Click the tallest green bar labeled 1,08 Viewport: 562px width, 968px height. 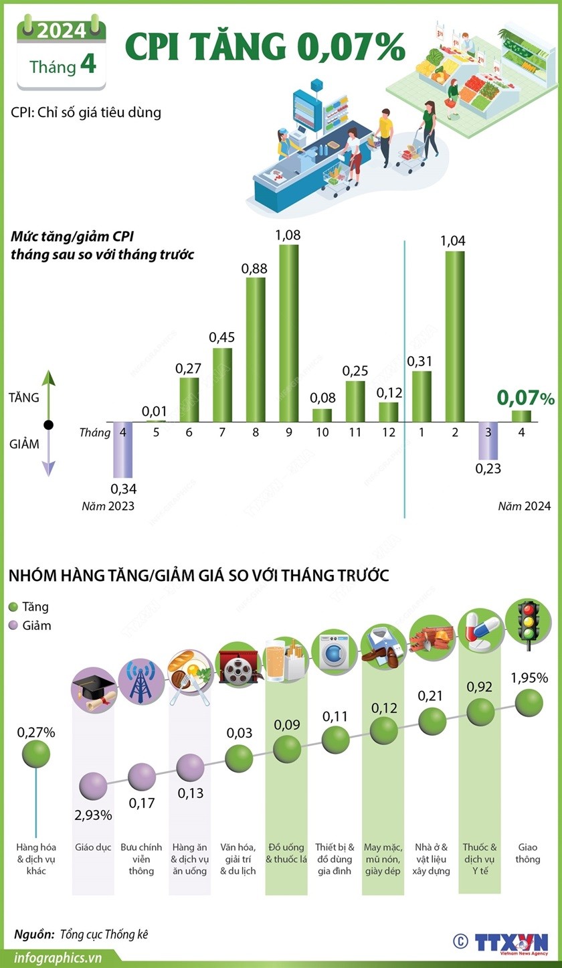click(x=288, y=333)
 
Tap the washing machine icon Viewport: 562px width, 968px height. click(x=329, y=653)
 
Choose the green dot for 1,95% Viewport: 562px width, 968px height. click(x=529, y=702)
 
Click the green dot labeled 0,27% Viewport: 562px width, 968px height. click(x=37, y=754)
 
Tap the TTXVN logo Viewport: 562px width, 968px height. click(x=510, y=942)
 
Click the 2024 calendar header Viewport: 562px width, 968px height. click(x=61, y=30)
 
